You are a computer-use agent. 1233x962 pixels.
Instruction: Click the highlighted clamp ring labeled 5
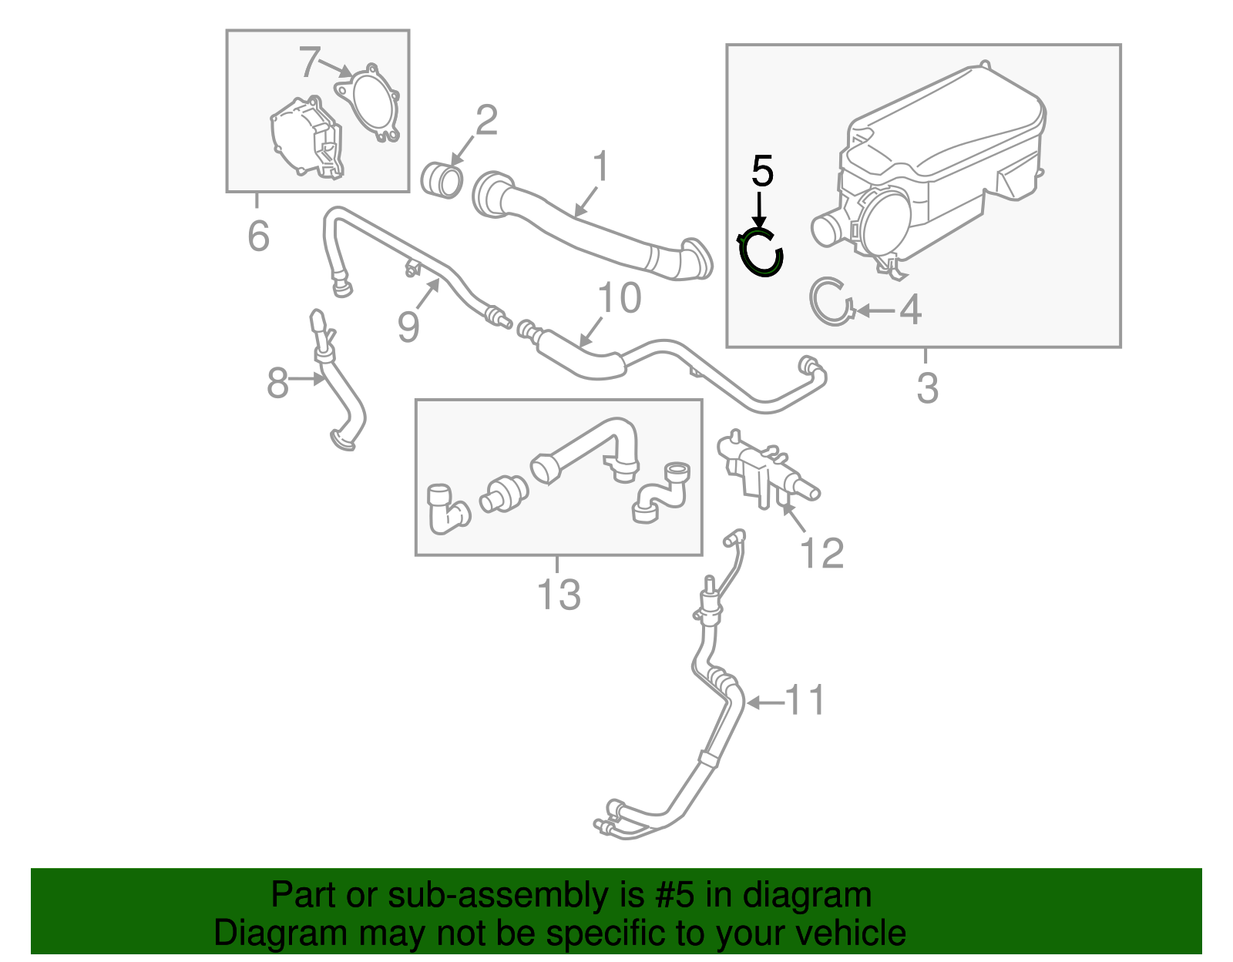[761, 253]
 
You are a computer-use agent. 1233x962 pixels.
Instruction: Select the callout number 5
[761, 171]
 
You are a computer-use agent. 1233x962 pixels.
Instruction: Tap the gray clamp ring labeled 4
[831, 301]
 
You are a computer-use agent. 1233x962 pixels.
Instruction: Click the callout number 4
[910, 310]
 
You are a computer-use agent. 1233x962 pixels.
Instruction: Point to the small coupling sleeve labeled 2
[442, 179]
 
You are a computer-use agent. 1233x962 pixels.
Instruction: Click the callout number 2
[486, 121]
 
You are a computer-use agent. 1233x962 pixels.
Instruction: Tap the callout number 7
[309, 62]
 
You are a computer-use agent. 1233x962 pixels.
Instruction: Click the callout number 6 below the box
[258, 236]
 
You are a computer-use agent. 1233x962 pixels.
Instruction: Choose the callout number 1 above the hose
[601, 166]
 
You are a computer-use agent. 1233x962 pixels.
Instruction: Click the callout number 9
[408, 327]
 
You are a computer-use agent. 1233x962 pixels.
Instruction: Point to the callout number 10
[619, 298]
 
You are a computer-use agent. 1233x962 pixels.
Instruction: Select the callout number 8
[277, 383]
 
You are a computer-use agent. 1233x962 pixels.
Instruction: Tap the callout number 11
[805, 701]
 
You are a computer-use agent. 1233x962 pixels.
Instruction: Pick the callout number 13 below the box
[558, 595]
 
